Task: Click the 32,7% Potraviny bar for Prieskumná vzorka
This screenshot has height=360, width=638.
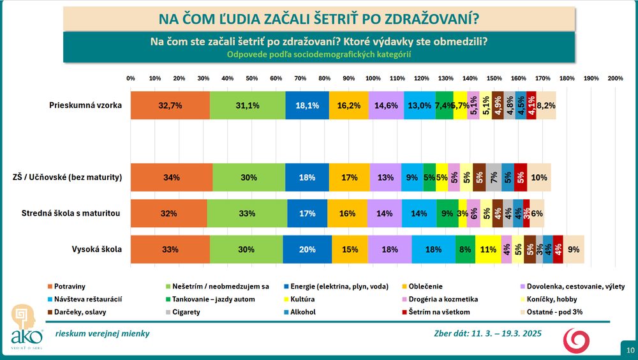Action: pyautogui.click(x=170, y=105)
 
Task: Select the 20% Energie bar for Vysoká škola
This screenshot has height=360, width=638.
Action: pyautogui.click(x=307, y=250)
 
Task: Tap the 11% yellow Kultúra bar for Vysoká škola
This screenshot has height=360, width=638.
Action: pyautogui.click(x=488, y=250)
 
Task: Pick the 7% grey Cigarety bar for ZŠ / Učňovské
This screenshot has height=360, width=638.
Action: pyautogui.click(x=494, y=177)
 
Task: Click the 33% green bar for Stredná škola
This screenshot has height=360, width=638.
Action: pyautogui.click(x=247, y=213)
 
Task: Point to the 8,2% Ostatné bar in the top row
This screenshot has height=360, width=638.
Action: pyautogui.click(x=546, y=105)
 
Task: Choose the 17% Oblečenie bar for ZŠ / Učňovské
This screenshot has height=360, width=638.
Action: pyautogui.click(x=349, y=177)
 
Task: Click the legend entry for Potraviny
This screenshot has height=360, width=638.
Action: pyautogui.click(x=70, y=286)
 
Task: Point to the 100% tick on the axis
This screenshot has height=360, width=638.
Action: pyautogui.click(x=373, y=79)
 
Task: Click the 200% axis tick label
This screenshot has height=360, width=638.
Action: pyautogui.click(x=615, y=79)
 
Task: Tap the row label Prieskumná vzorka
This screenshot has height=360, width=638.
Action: pyautogui.click(x=85, y=105)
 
